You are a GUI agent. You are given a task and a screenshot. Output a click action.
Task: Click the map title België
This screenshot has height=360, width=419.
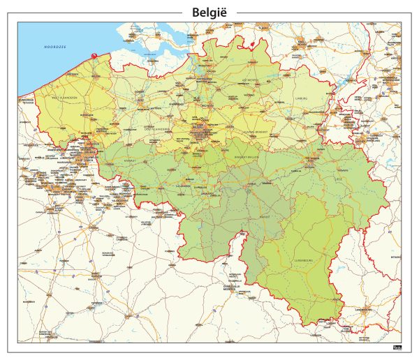click(209, 12)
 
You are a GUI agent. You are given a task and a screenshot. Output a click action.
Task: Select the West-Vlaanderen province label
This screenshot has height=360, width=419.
click(65, 98)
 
